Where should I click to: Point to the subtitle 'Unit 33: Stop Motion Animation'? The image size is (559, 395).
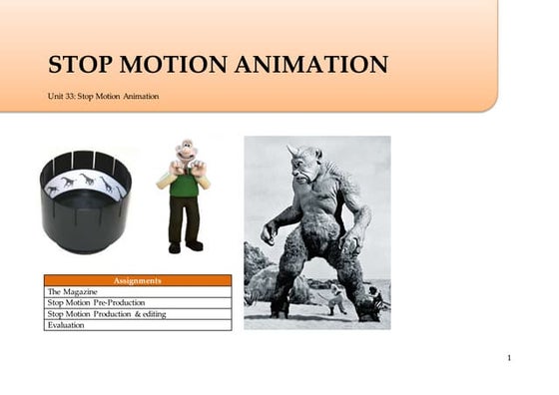click(x=103, y=96)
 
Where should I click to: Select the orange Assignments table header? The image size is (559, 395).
click(x=137, y=280)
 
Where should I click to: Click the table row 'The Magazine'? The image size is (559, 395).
click(x=137, y=291)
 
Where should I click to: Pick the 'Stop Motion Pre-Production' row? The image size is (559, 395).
click(x=137, y=302)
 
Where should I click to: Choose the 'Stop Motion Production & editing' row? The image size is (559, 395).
click(x=137, y=313)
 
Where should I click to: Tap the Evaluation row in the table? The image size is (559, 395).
click(x=137, y=324)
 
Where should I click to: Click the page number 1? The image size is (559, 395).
click(x=509, y=357)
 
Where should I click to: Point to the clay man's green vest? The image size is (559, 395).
click(x=184, y=185)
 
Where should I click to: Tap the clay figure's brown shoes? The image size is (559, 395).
click(x=184, y=246)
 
